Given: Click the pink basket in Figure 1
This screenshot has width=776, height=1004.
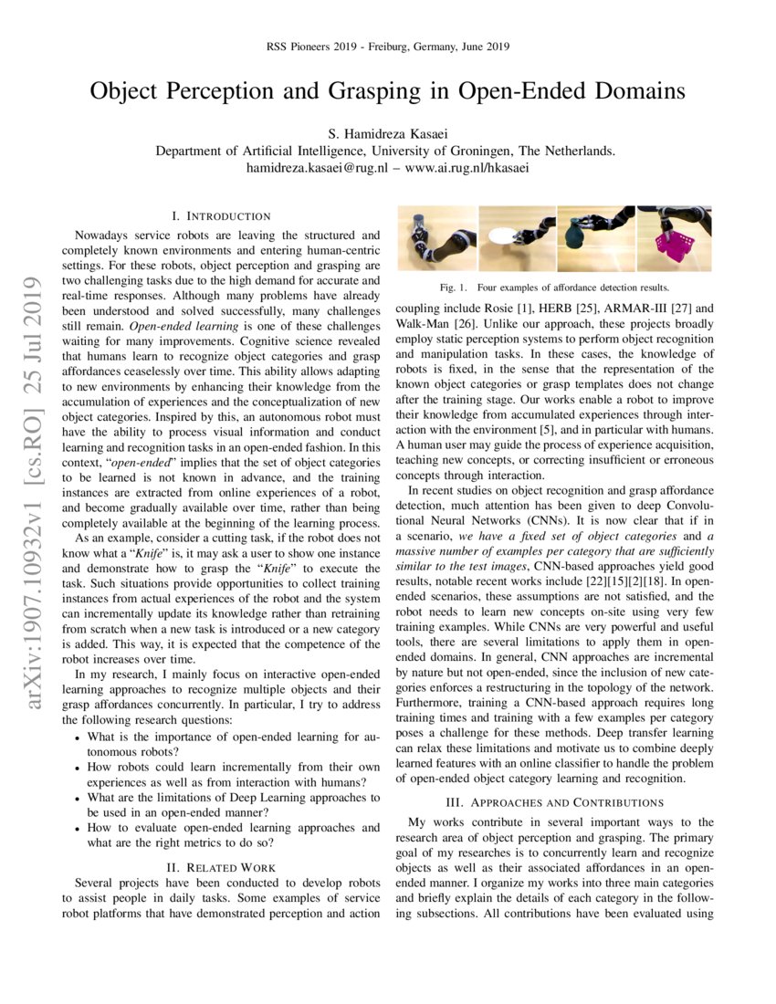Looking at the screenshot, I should [675, 245].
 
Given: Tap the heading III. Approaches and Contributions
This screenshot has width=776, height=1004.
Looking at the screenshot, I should [554, 802].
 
